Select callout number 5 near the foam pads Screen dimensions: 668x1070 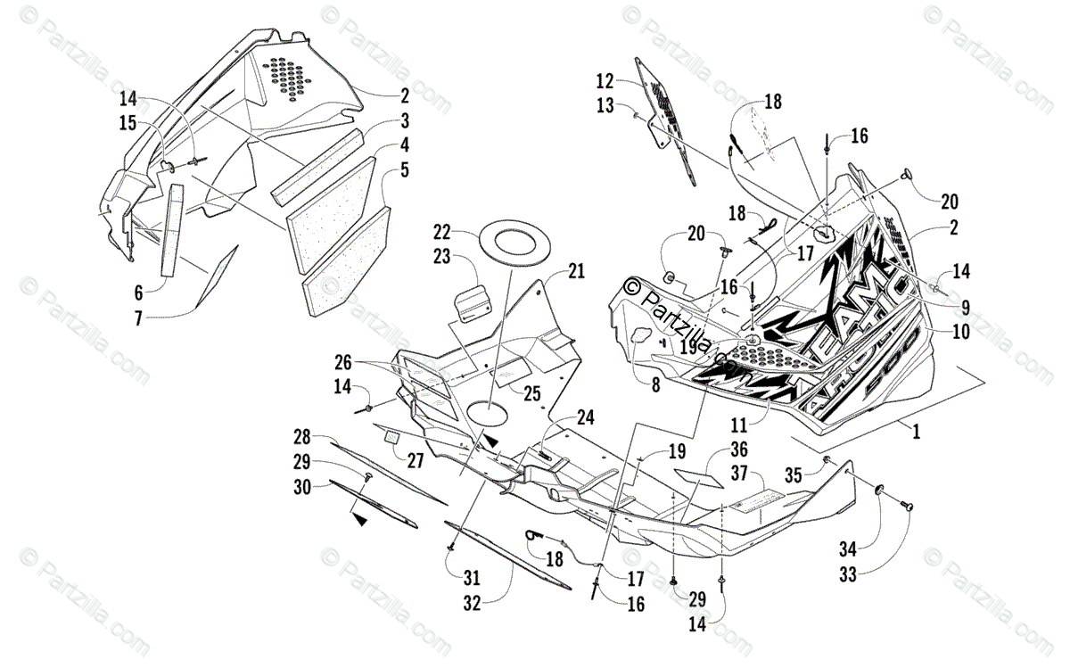(405, 169)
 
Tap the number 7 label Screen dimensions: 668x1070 (138, 317)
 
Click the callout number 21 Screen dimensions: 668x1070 (576, 271)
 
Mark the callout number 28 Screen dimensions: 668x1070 (303, 437)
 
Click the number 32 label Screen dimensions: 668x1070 (472, 603)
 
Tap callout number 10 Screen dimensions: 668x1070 (935, 333)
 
